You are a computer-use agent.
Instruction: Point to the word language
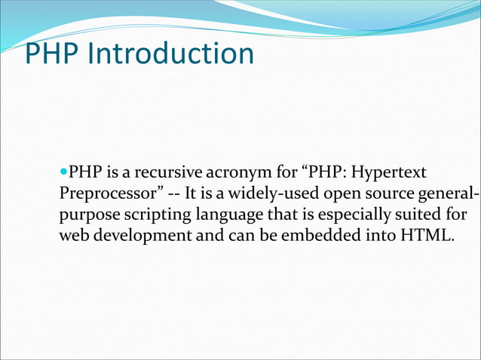(x=230, y=215)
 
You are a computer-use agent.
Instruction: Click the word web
(x=73, y=236)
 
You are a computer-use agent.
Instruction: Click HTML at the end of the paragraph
(x=427, y=236)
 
